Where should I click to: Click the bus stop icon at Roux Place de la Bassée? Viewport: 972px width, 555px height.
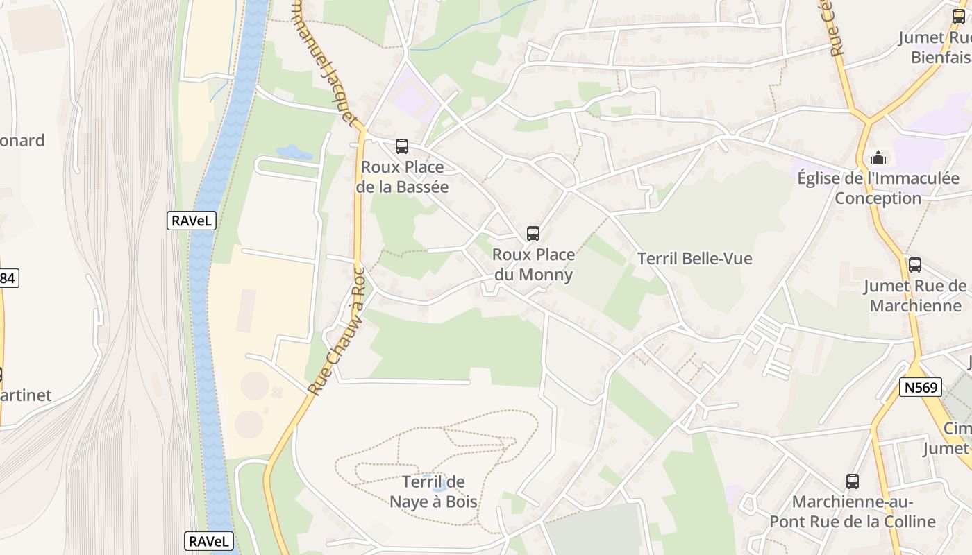point(402,146)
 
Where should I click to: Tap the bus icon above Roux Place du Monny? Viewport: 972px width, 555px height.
point(533,234)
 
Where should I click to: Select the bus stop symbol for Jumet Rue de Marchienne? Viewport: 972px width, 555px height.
point(915,265)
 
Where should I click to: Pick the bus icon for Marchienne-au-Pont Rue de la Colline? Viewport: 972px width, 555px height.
point(853,481)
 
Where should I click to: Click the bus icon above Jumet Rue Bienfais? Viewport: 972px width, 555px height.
point(959,17)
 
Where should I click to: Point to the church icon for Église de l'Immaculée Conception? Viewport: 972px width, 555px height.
point(878,157)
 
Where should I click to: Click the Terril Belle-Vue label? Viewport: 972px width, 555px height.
point(694,259)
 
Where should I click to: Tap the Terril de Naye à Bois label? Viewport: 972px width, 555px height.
point(434,491)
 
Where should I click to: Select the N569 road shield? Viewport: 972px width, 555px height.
point(921,387)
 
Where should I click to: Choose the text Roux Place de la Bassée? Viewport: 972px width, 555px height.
point(403,177)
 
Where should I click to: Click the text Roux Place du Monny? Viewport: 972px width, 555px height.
point(533,264)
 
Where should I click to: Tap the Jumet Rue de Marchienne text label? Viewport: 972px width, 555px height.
point(915,296)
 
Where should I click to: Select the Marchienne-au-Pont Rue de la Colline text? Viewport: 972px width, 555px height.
point(864,511)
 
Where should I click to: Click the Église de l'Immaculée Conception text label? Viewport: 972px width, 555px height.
point(878,188)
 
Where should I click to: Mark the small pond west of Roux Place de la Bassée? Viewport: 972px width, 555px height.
point(294,152)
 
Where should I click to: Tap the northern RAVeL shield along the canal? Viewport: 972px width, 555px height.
point(192,221)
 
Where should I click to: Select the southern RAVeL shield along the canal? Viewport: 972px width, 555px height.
point(209,541)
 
